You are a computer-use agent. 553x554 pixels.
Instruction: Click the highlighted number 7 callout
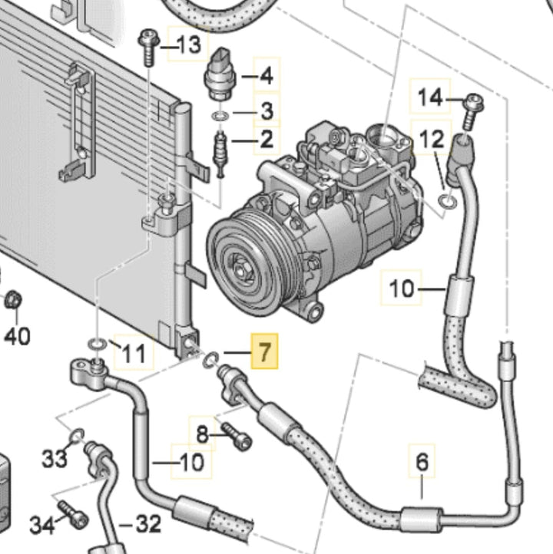(265, 354)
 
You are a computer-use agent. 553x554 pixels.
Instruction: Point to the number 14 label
(430, 97)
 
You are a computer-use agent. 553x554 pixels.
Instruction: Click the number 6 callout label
(422, 463)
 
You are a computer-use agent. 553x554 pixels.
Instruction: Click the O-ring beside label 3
(220, 116)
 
